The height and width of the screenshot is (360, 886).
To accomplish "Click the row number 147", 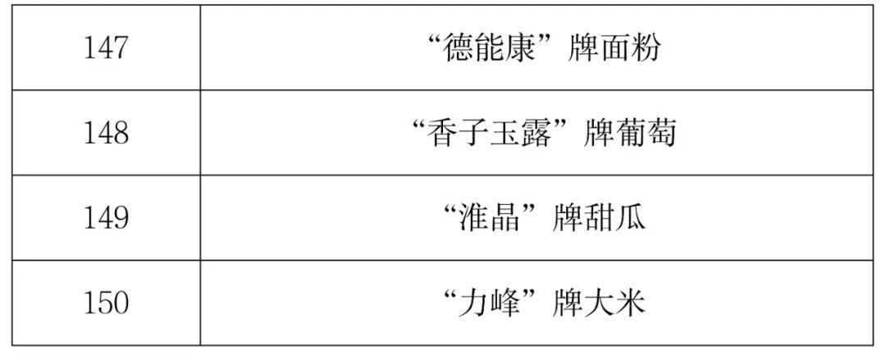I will pyautogui.click(x=106, y=48).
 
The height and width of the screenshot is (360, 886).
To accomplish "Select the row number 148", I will pyautogui.click(x=106, y=133).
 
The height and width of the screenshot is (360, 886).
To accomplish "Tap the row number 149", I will pyautogui.click(x=106, y=218).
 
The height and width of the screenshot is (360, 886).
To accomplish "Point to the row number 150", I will pyautogui.click(x=106, y=303).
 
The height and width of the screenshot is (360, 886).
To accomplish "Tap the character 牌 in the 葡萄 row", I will pyautogui.click(x=598, y=133).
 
